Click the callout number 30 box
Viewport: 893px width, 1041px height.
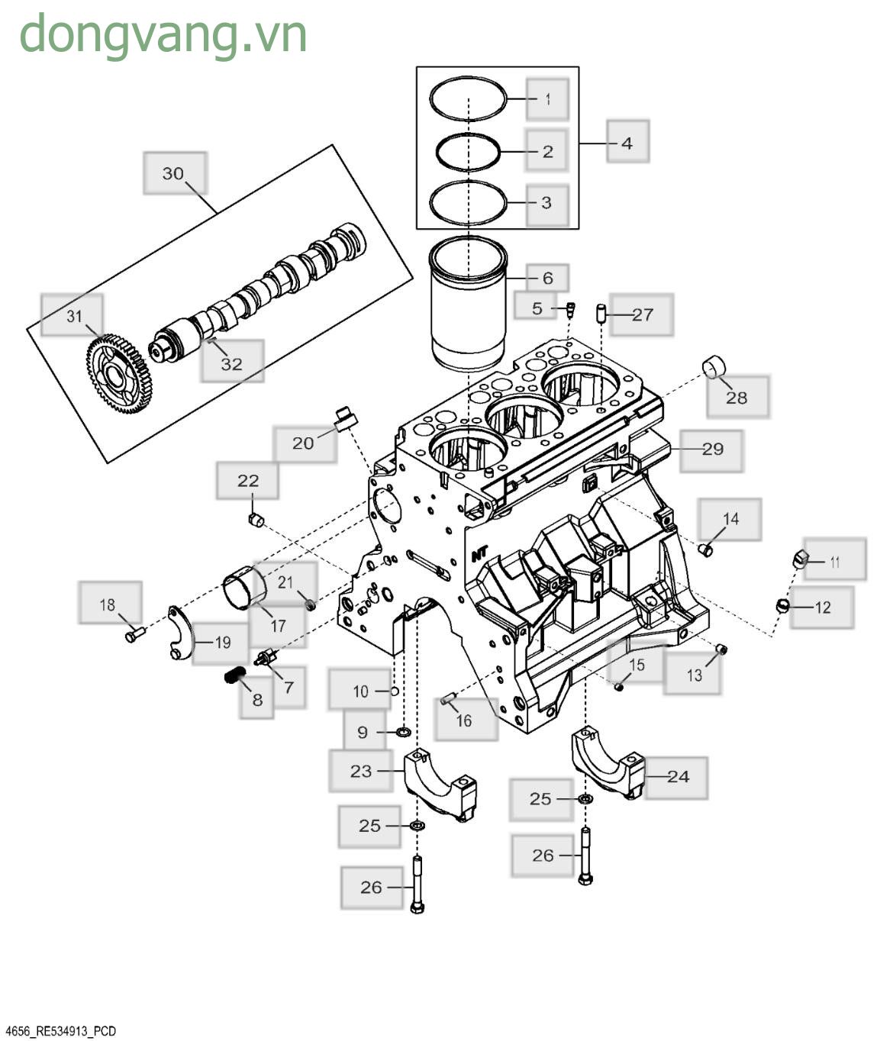175,173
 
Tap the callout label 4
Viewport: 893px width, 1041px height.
627,142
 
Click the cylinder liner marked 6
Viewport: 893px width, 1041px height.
468,305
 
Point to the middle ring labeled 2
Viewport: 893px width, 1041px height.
468,152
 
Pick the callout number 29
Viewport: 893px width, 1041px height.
711,449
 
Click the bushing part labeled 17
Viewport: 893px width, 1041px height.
245,588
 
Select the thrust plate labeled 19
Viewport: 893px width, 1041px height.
180,633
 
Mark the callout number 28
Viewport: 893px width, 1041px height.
737,397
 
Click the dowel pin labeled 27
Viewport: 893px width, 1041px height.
601,313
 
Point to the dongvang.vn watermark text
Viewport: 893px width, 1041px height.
163,34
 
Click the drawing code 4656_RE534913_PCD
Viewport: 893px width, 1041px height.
60,1031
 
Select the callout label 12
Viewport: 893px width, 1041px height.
822,608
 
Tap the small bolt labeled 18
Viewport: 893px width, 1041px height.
134,633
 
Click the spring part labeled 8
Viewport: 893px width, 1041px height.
235,675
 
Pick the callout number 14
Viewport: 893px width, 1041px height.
730,519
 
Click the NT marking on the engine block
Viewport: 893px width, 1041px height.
479,553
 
